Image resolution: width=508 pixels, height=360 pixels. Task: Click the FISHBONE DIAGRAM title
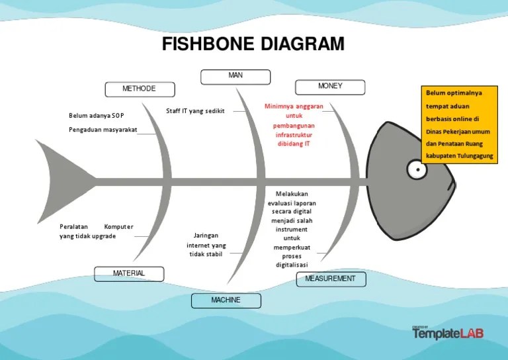253,44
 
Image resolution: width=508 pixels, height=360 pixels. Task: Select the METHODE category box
140,89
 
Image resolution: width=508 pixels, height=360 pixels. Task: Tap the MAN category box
236,76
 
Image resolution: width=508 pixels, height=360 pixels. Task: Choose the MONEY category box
330,87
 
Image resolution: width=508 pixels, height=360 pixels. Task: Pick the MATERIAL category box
129,273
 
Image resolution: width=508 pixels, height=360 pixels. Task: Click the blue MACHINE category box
226,301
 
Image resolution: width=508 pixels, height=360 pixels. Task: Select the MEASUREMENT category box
330,279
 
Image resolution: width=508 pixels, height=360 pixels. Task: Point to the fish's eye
417,170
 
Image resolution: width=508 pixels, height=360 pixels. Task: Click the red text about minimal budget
294,124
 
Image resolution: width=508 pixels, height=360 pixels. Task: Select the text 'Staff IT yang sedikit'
195,111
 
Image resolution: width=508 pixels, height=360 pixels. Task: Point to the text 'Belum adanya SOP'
97,116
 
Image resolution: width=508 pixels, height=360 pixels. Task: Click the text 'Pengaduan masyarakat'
103,130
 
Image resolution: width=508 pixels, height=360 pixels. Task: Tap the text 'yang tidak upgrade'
87,236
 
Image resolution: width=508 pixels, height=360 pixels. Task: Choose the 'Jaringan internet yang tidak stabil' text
206,245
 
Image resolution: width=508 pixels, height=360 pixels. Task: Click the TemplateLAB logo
448,333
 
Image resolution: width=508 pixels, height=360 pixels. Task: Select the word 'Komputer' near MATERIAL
118,227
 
